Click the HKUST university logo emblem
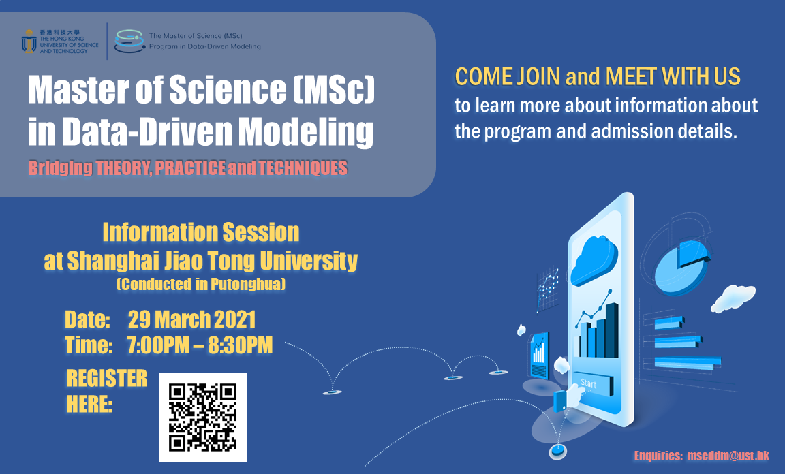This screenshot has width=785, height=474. pos(29,42)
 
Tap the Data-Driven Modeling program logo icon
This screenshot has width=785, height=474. pos(127,41)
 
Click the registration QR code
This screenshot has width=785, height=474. pos(202,417)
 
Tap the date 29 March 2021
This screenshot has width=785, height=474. pos(191,319)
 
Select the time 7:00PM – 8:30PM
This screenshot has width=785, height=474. pos(200,345)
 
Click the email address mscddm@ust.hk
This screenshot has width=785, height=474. pos(728,456)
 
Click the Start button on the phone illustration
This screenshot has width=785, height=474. pos(589,384)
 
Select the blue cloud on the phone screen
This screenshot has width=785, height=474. pos(594,262)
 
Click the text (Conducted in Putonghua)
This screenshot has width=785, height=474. pos(201,285)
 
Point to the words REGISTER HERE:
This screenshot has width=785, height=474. pos(106,392)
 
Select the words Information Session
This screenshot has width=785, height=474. pos(201,233)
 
